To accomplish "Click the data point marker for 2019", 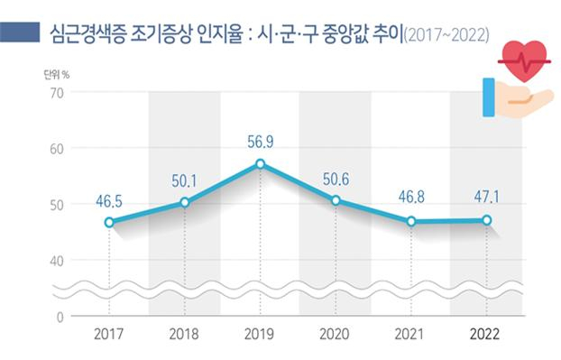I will pos(261,163).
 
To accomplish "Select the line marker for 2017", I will pos(108,222).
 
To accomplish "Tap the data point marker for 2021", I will pos(412,221).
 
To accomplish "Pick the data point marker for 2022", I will pos(488,220).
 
